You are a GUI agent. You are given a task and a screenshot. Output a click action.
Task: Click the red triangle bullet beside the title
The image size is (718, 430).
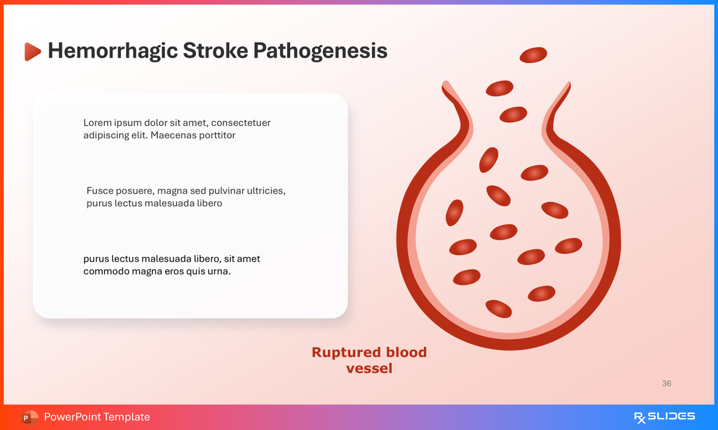(32, 51)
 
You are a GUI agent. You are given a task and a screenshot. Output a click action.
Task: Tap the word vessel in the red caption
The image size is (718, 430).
(369, 368)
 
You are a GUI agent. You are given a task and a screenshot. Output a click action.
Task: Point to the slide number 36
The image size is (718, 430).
(666, 384)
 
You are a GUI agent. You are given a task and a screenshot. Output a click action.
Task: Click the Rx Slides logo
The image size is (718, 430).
(664, 417)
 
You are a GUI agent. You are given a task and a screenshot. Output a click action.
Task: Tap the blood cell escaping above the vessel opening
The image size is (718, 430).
(533, 55)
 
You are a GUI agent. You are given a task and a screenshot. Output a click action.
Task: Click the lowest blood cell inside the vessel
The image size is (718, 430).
(498, 309)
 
